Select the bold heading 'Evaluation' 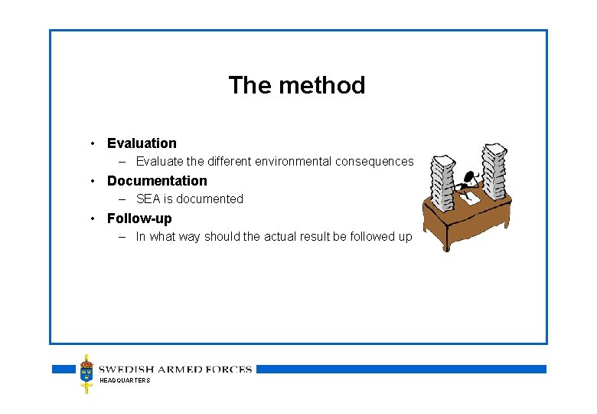pos(142,143)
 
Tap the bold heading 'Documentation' pos(157,181)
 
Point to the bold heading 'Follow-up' pos(139,219)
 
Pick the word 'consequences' pos(374,162)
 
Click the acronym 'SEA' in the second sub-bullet pos(148,199)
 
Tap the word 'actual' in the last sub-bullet pos(285,237)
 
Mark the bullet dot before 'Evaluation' pos(92,143)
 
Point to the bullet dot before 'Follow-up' pos(92,219)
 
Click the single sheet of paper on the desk pos(468,198)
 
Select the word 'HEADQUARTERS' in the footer pos(125,380)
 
